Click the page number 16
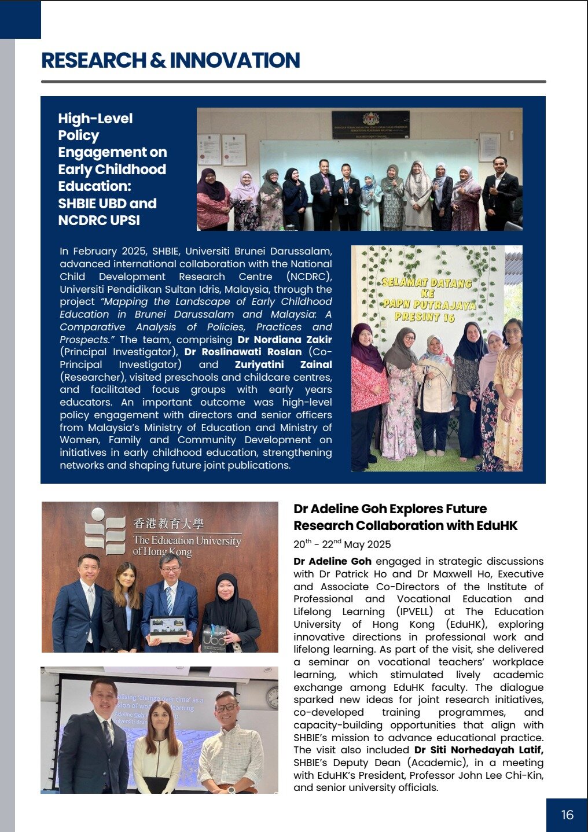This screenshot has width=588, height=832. tap(567, 815)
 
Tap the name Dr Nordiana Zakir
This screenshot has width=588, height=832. tap(285, 340)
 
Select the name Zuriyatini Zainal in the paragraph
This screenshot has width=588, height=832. tap(283, 365)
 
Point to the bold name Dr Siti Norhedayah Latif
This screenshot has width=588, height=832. tap(479, 750)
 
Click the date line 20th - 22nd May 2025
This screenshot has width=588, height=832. tap(342, 544)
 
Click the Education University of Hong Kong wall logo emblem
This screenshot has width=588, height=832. tap(105, 531)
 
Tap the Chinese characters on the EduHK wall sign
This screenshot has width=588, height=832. tap(168, 524)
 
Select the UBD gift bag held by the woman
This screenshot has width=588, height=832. tap(214, 636)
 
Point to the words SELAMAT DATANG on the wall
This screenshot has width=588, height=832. tap(427, 283)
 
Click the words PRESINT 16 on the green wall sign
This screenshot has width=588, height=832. tap(425, 316)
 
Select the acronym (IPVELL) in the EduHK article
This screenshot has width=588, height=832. tap(415, 612)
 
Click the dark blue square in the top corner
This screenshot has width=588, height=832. tap(20, 19)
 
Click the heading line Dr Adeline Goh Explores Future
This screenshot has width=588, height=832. tap(390, 509)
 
